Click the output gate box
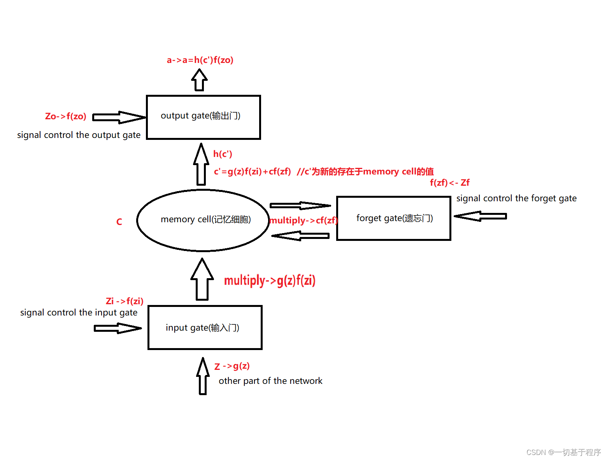203,117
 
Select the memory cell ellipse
203,220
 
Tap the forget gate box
393,218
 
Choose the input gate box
205,328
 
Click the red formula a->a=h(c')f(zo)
200,60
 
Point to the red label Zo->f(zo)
65,116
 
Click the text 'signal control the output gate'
79,135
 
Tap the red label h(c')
223,154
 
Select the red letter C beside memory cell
119,222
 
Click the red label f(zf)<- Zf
449,183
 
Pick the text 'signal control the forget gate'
516,198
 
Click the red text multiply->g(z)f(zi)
270,280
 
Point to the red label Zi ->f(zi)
125,301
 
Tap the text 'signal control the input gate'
79,312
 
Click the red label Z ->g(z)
232,366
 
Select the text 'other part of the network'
270,381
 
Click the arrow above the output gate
199,80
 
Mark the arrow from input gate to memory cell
202,280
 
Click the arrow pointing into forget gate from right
481,216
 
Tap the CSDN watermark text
563,452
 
